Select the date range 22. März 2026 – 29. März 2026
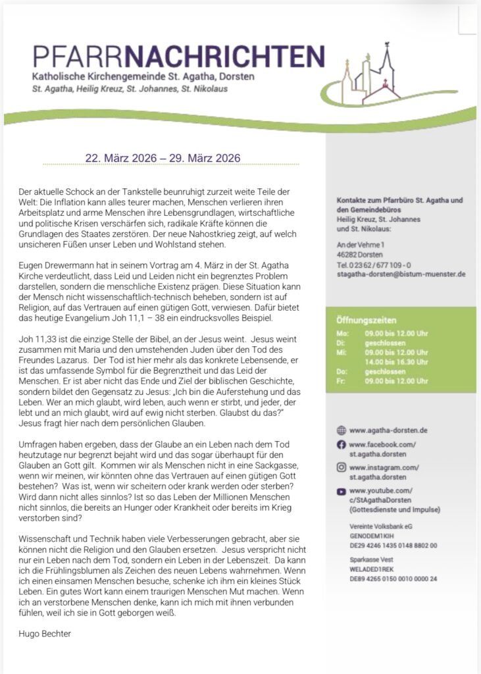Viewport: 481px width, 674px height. (x=163, y=158)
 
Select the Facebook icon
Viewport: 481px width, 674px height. (x=341, y=445)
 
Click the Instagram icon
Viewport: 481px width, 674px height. (x=341, y=467)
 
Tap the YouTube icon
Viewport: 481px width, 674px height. (x=341, y=491)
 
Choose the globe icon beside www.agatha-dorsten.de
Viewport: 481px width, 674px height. (x=341, y=430)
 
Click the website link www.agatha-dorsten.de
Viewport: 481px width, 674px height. (x=388, y=430)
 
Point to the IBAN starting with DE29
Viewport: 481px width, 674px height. (x=393, y=545)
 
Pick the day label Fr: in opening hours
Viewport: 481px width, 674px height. (x=340, y=380)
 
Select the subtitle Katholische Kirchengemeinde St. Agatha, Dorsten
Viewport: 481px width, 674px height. (x=143, y=77)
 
